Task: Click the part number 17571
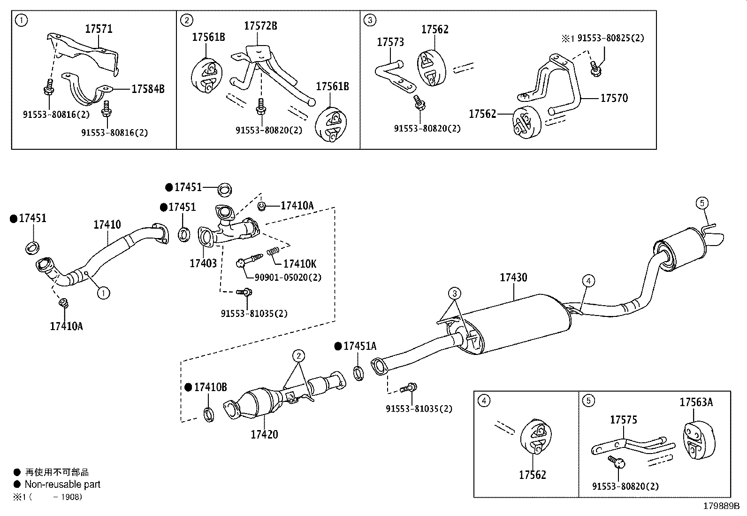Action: tap(99, 29)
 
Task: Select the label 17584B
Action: tap(148, 89)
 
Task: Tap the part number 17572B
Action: tap(260, 26)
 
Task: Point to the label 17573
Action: tap(390, 42)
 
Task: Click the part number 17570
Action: tap(614, 98)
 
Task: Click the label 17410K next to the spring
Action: tap(300, 264)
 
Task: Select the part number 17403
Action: tap(203, 263)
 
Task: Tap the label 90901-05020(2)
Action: tap(288, 277)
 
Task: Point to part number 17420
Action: tap(264, 434)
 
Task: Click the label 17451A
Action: tap(359, 346)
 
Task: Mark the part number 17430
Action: tap(513, 277)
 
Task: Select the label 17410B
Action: tap(210, 387)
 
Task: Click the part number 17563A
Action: tap(696, 402)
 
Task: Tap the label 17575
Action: tap(624, 419)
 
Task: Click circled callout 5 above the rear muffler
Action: tap(701, 203)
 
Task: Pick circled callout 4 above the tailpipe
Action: tap(588, 281)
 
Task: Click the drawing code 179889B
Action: tap(721, 506)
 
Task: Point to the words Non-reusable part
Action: tap(62, 484)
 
